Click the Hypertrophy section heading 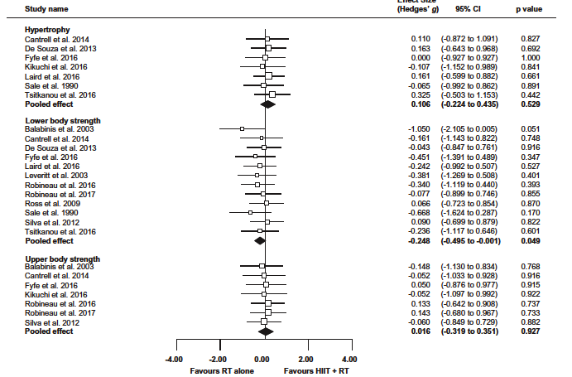47,29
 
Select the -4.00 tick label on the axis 175,359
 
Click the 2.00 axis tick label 305,359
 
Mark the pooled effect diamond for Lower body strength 260,239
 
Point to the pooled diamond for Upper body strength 265,331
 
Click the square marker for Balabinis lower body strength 242,129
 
